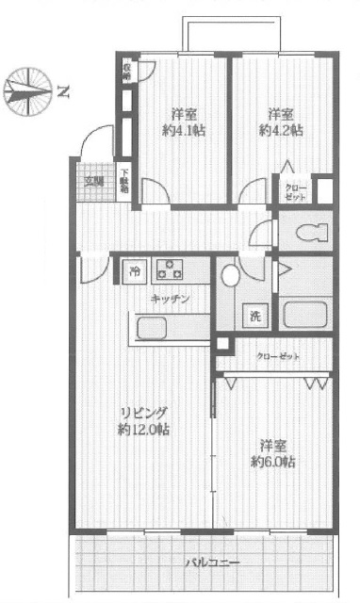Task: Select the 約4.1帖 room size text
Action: click(x=180, y=131)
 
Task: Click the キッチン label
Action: click(x=170, y=298)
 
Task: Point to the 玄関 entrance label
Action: click(x=93, y=182)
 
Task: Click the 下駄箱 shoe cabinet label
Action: click(x=124, y=180)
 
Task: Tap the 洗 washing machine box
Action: click(x=254, y=317)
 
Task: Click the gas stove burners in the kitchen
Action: click(x=170, y=269)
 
